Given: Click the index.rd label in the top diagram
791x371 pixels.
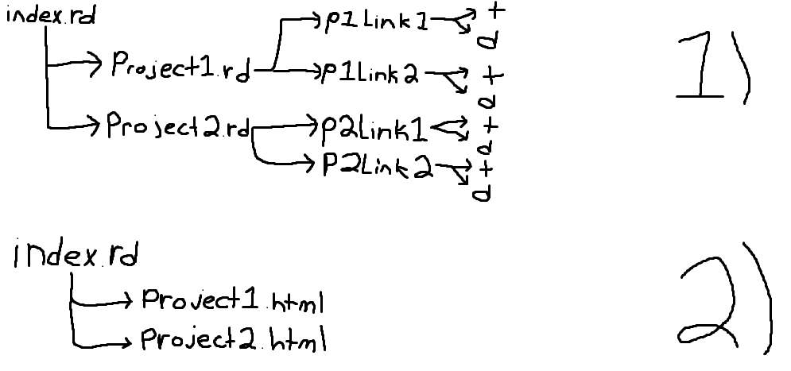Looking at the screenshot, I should point(50,17).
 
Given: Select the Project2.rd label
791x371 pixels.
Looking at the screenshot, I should point(177,126).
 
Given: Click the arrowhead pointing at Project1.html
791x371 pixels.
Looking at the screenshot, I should point(129,300).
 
